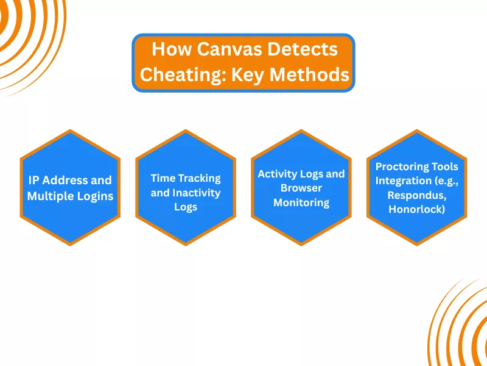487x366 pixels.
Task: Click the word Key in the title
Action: pos(248,74)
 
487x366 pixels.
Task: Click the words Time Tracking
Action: pos(186,178)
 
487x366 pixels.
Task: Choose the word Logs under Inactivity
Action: pos(186,207)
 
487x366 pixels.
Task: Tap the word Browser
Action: pos(301,188)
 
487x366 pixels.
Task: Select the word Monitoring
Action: pos(301,203)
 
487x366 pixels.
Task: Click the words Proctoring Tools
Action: pos(417,166)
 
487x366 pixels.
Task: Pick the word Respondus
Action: pos(417,195)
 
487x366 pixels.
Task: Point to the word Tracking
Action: pos(198,178)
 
